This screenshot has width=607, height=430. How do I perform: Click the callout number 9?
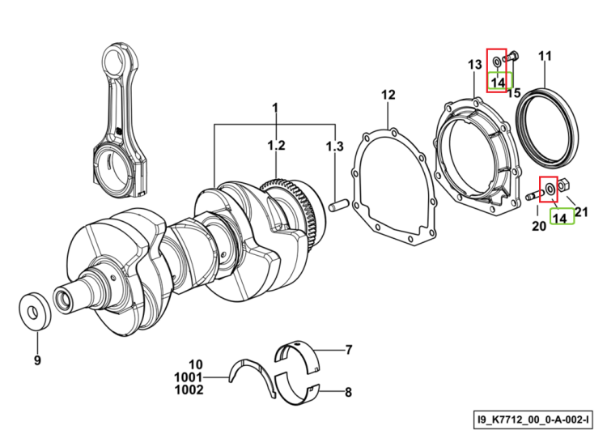pyautogui.click(x=37, y=360)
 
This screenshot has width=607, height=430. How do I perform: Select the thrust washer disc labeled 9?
pyautogui.click(x=35, y=311)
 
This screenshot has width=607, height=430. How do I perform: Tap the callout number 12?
pyautogui.click(x=388, y=95)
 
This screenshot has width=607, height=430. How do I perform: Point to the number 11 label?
pyautogui.click(x=545, y=57)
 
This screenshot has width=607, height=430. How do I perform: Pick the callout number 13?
pyautogui.click(x=474, y=65)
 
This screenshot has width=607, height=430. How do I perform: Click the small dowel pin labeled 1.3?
pyautogui.click(x=339, y=205)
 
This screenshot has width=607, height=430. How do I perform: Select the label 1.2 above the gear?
pyautogui.click(x=277, y=146)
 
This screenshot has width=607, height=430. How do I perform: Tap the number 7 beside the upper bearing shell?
pyautogui.click(x=348, y=350)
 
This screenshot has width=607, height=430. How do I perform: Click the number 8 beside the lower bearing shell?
pyautogui.click(x=348, y=392)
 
